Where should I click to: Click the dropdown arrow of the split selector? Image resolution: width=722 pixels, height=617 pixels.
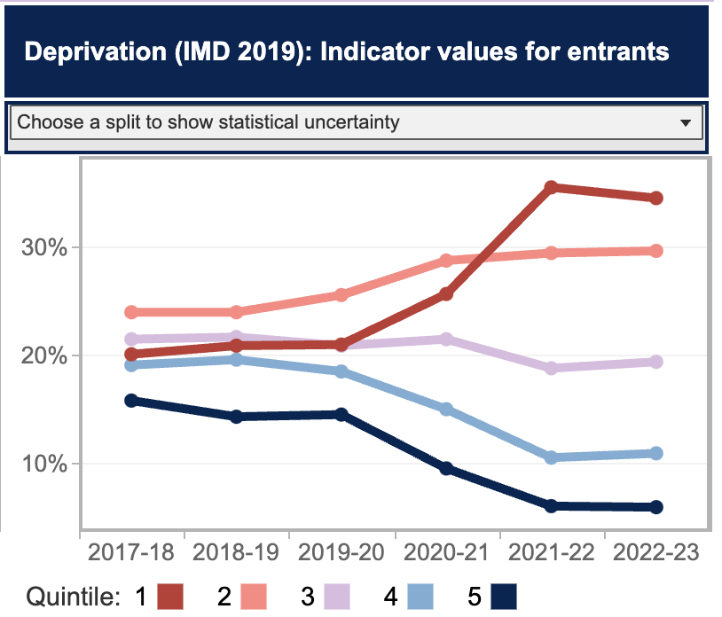[685, 123]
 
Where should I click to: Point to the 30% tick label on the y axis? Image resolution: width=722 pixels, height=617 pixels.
[44, 247]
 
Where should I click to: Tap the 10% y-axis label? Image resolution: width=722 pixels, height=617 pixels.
[44, 464]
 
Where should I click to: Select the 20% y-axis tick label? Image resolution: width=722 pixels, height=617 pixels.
[44, 355]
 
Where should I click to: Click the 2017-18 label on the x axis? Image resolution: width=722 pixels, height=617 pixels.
[131, 552]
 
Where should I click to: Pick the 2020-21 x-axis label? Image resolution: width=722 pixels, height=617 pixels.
[446, 552]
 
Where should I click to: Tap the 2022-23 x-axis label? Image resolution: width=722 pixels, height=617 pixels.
[655, 552]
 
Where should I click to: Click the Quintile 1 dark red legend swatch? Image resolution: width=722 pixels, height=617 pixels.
[170, 596]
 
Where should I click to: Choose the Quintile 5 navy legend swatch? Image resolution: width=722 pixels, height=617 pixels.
[503, 596]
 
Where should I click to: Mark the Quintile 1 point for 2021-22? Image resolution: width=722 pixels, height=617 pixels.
[551, 187]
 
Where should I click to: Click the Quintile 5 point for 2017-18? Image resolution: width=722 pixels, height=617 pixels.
[131, 401]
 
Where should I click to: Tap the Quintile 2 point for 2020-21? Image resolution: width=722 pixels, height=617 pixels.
[446, 261]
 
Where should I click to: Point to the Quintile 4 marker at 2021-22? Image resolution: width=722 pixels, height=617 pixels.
[551, 457]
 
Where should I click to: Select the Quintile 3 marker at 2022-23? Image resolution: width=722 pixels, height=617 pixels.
[655, 362]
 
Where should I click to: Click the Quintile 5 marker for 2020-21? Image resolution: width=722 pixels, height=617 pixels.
[446, 468]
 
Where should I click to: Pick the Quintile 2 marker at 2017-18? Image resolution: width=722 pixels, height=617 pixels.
[131, 312]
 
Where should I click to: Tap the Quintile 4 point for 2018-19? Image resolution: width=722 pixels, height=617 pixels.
[236, 360]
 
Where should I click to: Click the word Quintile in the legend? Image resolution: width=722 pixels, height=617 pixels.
[72, 596]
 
